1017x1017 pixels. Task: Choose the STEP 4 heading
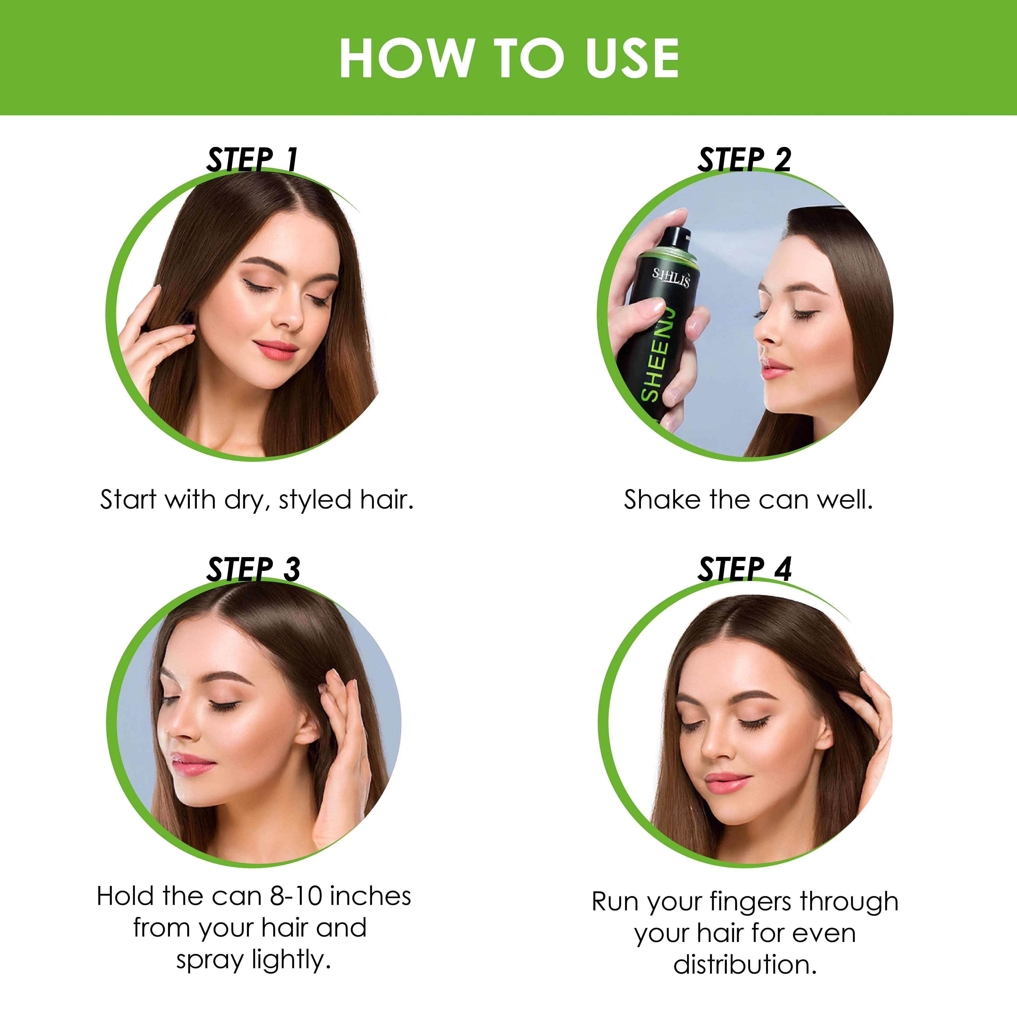[x=745, y=569]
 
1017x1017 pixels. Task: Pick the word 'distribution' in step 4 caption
[x=745, y=965]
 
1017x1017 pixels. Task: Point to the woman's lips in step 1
[x=275, y=348]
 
